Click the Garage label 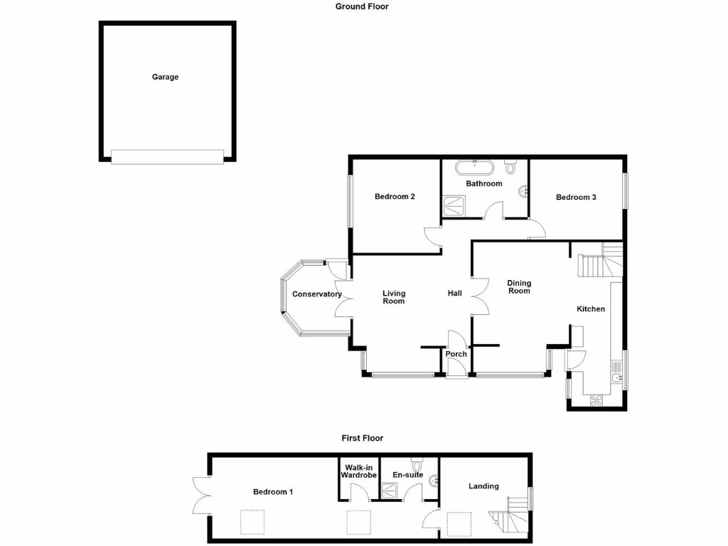tap(165, 77)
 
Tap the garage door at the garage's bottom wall tap(168, 156)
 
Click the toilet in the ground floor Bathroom tap(510, 168)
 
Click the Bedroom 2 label tap(395, 197)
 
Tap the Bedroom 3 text tap(576, 198)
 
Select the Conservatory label tap(317, 294)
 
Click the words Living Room tap(394, 297)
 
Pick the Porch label tap(456, 354)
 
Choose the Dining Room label tap(519, 287)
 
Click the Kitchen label tap(591, 309)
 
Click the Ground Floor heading tap(362, 6)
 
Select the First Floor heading tap(362, 439)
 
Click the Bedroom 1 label tap(273, 492)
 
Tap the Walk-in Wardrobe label tap(357, 471)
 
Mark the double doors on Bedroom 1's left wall tap(200, 496)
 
